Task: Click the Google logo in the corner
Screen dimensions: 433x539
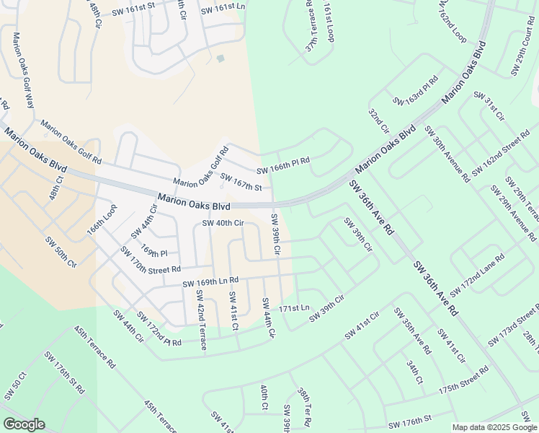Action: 24,424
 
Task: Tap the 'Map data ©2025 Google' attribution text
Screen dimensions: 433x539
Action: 494,427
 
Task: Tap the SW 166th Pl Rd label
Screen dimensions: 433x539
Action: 282,165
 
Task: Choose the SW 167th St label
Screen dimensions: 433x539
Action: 241,183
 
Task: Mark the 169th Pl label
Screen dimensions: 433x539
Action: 153,251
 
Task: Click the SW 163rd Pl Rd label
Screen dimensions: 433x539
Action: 416,90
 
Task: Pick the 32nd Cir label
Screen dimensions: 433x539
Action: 378,122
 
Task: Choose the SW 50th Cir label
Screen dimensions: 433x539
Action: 61,252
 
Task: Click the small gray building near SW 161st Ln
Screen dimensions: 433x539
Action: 220,58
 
